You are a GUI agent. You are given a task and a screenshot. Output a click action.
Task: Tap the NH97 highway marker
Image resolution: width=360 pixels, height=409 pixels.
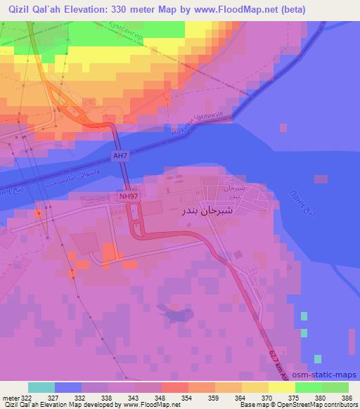(x=129, y=197)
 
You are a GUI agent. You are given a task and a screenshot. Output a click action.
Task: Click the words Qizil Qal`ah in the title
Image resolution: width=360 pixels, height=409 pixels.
(x=38, y=8)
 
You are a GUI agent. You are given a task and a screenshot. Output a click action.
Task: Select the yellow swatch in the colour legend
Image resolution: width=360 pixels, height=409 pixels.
(x=281, y=387)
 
